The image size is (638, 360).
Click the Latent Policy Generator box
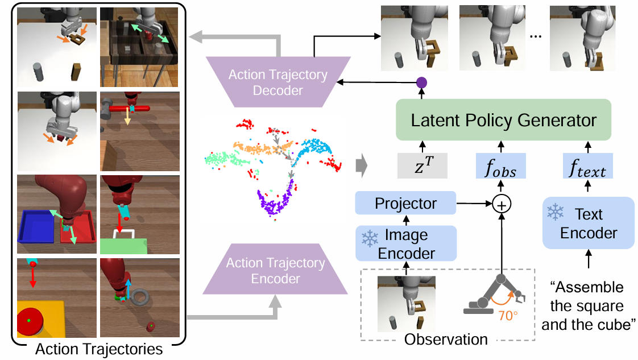503,121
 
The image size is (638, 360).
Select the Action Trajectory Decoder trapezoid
277,82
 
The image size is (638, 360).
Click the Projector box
405,203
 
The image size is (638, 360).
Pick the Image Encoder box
405,243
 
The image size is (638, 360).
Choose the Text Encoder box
588,223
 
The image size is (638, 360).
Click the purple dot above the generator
421,83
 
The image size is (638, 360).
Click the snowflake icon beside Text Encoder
556,213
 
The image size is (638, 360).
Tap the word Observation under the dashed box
446,340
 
